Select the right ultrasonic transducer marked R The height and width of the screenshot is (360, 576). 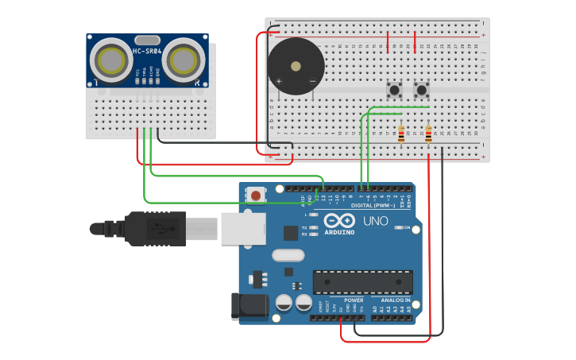[184, 59]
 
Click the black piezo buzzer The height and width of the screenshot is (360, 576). [296, 67]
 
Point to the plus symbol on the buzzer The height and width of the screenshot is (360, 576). [279, 81]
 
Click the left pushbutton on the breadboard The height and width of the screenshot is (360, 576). [393, 90]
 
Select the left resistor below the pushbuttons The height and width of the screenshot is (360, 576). [401, 134]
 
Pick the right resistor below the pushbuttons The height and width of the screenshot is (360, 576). [428, 134]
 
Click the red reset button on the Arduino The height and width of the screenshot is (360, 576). [256, 195]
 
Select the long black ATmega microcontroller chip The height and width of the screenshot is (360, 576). [363, 282]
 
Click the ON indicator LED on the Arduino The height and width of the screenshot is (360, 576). [396, 227]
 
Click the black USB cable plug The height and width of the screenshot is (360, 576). [155, 229]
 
